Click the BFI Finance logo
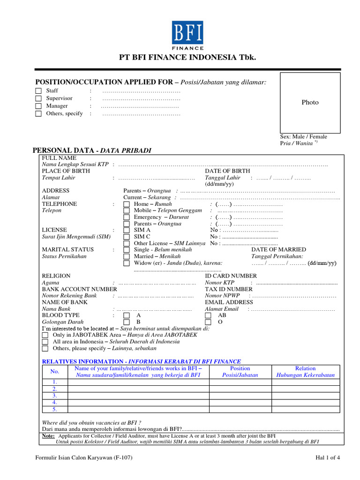coord(187,35)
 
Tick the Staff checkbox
coord(38,91)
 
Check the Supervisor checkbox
coord(38,98)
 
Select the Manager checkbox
coord(38,106)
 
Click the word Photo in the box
coord(310,103)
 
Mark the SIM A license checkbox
coord(127,231)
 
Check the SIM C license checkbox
coord(127,237)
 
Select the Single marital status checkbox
coord(127,250)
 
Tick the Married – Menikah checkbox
coord(127,257)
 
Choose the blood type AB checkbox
coord(208,316)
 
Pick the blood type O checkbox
coord(208,322)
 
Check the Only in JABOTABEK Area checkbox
coord(45,336)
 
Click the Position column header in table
coord(240,372)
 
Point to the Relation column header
coord(305,372)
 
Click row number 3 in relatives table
coord(54,396)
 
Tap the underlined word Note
coord(48,435)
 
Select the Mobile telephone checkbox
coord(127,211)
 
